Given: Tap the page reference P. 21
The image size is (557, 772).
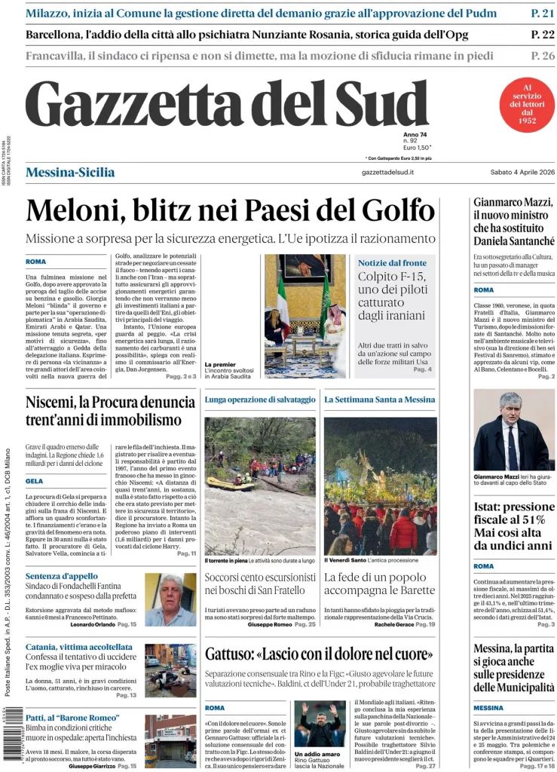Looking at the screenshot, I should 543,13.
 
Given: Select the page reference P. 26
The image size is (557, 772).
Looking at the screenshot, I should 543,55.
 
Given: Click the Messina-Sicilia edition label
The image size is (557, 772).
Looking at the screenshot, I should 70,173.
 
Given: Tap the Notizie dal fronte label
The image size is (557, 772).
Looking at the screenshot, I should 392,262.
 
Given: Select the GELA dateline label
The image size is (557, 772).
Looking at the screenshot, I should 34,481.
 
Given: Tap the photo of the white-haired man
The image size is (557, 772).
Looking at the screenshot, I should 170,599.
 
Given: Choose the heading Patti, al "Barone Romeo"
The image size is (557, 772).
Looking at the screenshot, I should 72,718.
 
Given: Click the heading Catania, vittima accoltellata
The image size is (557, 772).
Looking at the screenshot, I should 79,647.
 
